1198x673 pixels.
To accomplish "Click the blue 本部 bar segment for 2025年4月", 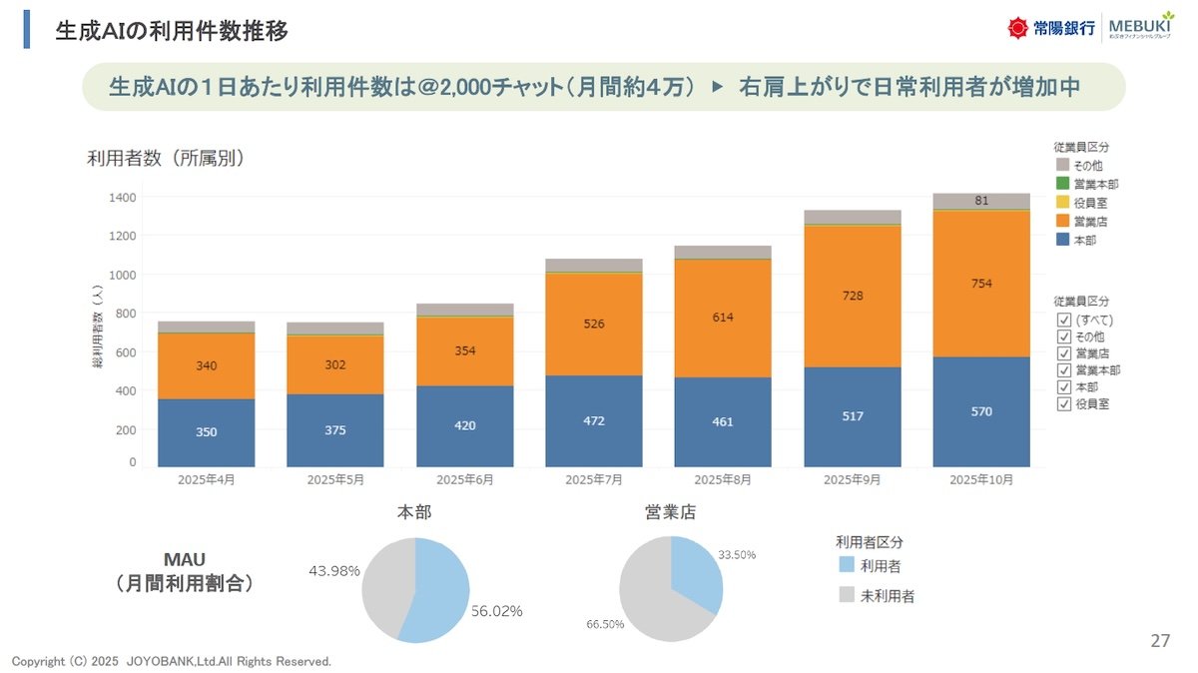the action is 206,432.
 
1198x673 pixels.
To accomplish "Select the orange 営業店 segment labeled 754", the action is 981,284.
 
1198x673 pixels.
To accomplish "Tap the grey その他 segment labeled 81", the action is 981,201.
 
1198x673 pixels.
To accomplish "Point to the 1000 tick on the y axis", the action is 123,275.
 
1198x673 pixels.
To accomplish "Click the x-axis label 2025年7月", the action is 594,480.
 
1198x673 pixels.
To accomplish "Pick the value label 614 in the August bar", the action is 723,318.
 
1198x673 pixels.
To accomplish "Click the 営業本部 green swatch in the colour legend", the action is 1062,184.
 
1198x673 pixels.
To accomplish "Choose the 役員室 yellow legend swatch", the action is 1062,203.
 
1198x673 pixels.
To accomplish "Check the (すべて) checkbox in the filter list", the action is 1064,320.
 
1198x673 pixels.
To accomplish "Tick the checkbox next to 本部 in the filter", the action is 1064,386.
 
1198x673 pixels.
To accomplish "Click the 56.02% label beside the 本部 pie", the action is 496,611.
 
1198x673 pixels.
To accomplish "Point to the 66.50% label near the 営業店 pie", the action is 605,624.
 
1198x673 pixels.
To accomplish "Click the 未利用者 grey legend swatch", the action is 847,594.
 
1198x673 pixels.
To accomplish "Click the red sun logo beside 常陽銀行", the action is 1017,28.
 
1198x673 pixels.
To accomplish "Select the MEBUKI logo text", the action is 1141,25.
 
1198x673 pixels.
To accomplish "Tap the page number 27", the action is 1160,640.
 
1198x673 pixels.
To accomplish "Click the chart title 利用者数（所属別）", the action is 166,159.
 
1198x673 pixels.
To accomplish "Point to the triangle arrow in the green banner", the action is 717,87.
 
